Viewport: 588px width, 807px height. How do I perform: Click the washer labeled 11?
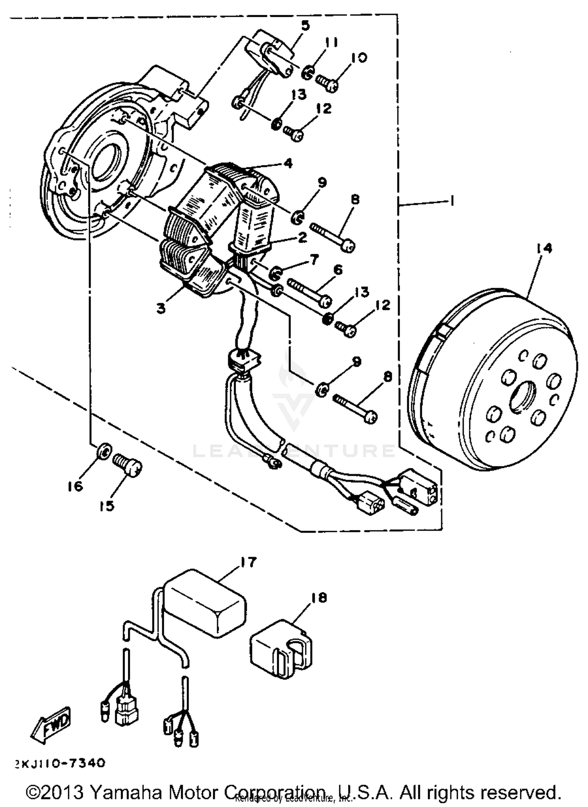click(x=308, y=72)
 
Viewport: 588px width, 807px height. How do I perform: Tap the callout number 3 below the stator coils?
click(x=161, y=308)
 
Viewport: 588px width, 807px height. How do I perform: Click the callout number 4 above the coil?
click(x=288, y=163)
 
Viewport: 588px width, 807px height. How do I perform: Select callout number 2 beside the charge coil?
click(x=302, y=237)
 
